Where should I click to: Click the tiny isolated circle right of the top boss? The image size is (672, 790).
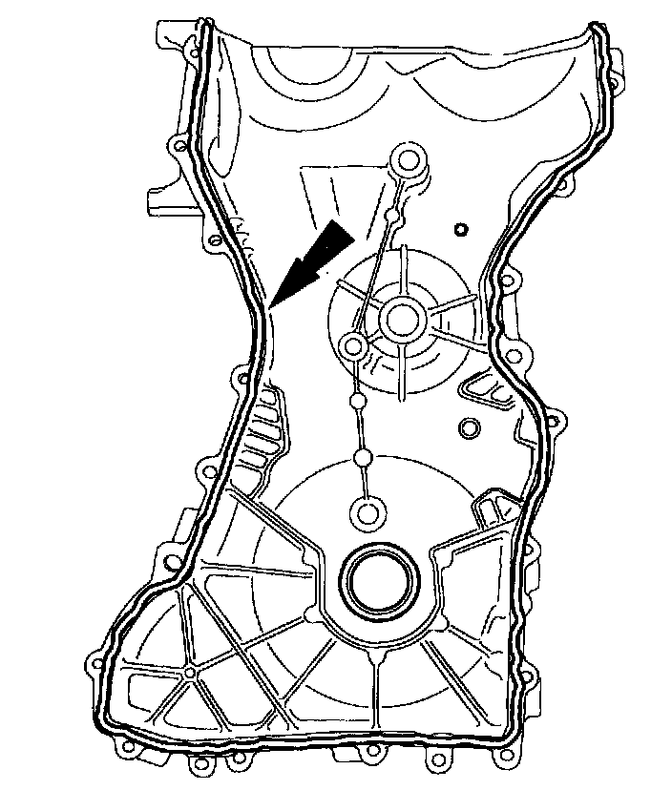point(460,229)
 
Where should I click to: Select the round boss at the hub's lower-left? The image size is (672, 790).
point(354,344)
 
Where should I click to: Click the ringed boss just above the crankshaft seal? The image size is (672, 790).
point(365,511)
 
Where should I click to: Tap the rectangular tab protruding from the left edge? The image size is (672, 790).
point(160,200)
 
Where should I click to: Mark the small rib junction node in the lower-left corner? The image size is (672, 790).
point(191,674)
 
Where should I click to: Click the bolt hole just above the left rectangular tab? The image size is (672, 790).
point(175,147)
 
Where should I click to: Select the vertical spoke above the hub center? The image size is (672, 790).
point(402,271)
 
